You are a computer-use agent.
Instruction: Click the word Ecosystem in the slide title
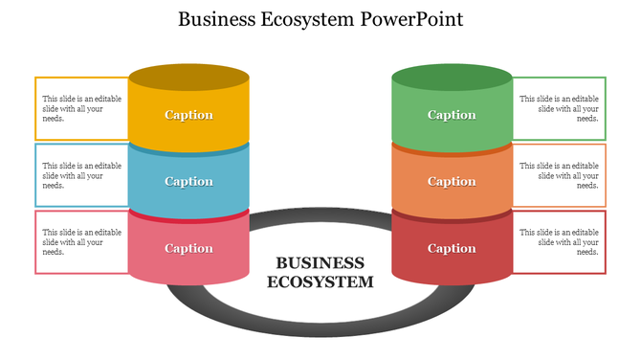(x=311, y=20)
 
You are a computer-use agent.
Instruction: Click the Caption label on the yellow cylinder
(x=189, y=115)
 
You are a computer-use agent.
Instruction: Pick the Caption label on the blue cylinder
(x=189, y=182)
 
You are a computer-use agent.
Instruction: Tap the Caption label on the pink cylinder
(x=189, y=249)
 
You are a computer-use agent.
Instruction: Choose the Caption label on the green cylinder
(x=452, y=115)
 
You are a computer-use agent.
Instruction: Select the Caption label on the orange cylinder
(x=452, y=182)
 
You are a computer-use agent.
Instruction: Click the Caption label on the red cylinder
(x=452, y=249)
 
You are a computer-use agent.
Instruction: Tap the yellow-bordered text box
(x=81, y=108)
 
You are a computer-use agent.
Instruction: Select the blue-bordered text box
(x=81, y=175)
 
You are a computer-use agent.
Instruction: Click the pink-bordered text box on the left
(x=81, y=241)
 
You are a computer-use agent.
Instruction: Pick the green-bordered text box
(x=560, y=108)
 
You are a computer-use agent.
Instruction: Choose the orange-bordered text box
(x=560, y=175)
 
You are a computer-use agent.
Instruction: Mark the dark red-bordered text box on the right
(x=560, y=241)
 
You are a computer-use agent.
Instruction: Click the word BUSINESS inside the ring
(x=320, y=263)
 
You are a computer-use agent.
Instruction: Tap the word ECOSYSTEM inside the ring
(x=320, y=282)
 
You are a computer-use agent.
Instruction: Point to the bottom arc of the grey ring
(x=320, y=327)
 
